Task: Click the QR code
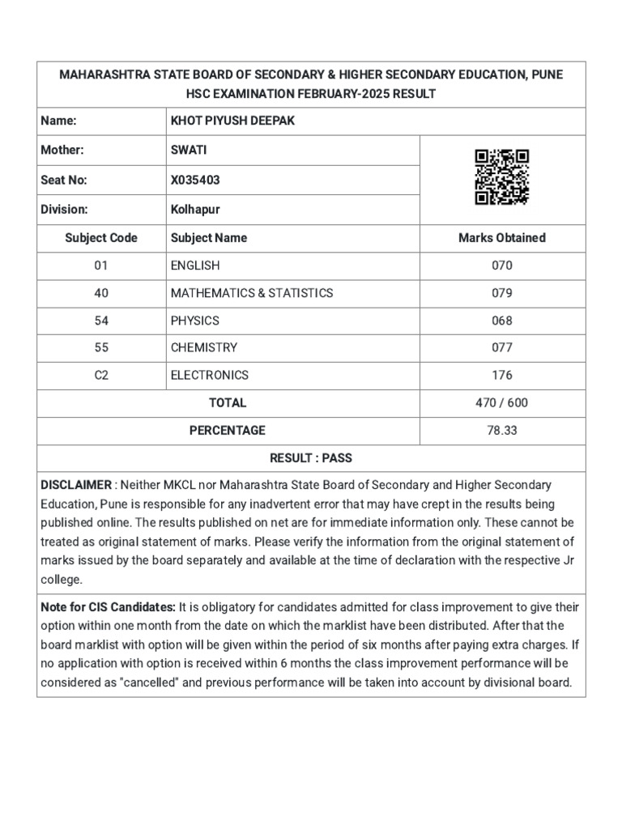[501, 176]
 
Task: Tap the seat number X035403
[195, 180]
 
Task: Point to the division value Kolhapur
[195, 209]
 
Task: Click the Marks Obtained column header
[501, 238]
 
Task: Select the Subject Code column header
[101, 238]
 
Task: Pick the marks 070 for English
[501, 266]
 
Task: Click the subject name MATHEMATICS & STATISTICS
[251, 293]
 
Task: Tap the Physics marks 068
[501, 321]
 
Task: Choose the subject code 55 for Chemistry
[101, 348]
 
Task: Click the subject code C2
[101, 376]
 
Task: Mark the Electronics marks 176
[501, 376]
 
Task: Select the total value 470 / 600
[501, 403]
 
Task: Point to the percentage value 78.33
[501, 431]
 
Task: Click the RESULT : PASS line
[311, 458]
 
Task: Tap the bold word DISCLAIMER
[76, 485]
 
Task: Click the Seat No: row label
[63, 180]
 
